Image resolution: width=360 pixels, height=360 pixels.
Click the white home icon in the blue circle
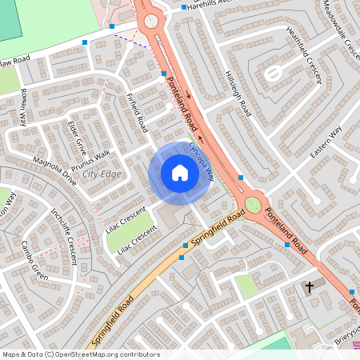point(180,173)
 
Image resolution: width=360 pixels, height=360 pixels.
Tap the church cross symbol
point(310,286)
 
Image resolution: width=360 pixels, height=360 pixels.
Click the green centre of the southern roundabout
point(254,204)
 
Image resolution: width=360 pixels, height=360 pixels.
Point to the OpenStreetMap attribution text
point(81,354)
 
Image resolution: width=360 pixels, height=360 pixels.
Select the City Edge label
point(102,174)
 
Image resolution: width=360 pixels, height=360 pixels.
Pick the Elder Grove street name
point(77,137)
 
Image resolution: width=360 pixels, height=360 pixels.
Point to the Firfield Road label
point(138,113)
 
